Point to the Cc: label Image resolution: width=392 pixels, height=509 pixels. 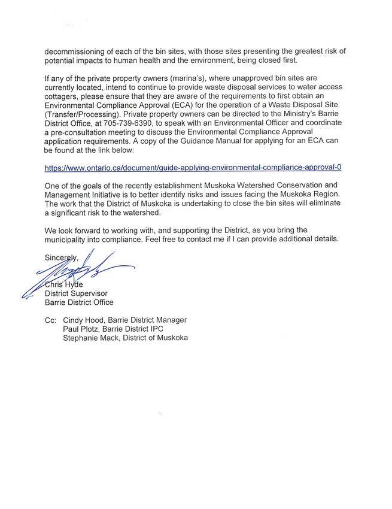pos(50,320)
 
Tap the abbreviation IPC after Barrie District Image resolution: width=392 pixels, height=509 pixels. pos(171,329)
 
